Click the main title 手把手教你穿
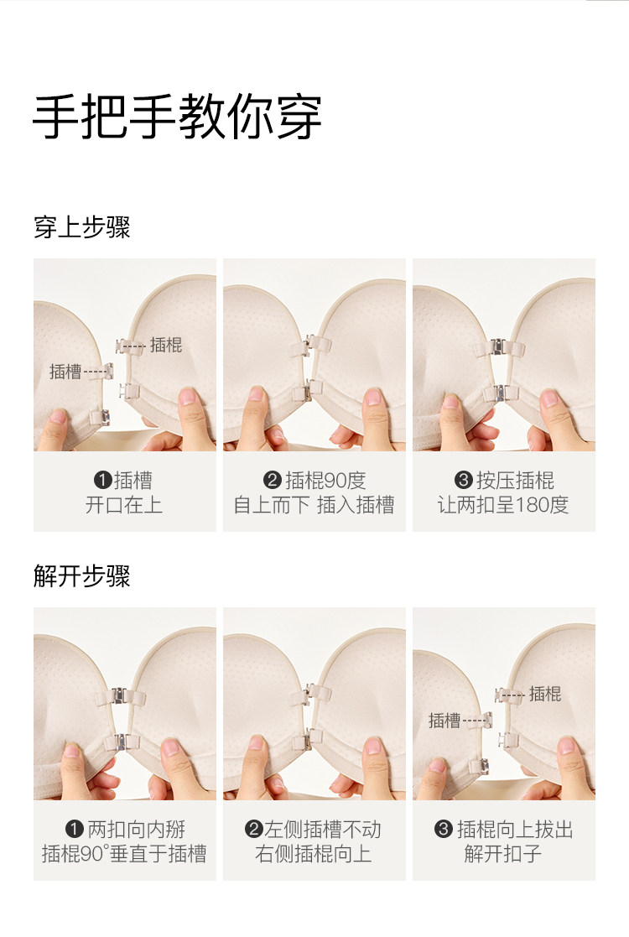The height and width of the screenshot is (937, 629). (x=178, y=117)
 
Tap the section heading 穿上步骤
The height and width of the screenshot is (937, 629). (x=82, y=227)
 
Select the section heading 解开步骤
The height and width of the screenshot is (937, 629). (x=82, y=576)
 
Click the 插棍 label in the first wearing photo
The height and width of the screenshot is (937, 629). (x=166, y=345)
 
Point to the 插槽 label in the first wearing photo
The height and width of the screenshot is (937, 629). (x=65, y=372)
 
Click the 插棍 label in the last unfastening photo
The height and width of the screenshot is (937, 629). (x=545, y=694)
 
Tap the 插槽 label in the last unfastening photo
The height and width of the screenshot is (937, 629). (x=444, y=721)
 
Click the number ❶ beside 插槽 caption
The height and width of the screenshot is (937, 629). (x=103, y=480)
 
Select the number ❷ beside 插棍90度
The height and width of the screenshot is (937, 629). (x=273, y=480)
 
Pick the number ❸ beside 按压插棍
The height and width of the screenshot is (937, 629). (x=464, y=480)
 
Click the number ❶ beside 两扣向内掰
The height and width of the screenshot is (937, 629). (x=74, y=829)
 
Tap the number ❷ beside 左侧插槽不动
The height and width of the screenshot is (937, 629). (x=254, y=829)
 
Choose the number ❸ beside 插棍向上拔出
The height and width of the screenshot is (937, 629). (x=443, y=829)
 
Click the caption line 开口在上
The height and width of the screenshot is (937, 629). (x=123, y=505)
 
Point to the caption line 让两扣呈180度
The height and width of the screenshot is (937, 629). (x=503, y=505)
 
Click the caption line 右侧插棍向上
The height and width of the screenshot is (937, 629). (x=313, y=854)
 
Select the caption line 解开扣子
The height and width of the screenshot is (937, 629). (x=503, y=854)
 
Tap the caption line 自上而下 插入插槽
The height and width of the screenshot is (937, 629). (x=314, y=505)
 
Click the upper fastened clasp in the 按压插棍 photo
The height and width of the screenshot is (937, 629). (x=499, y=348)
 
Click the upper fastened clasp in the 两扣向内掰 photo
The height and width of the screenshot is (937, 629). (x=122, y=697)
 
